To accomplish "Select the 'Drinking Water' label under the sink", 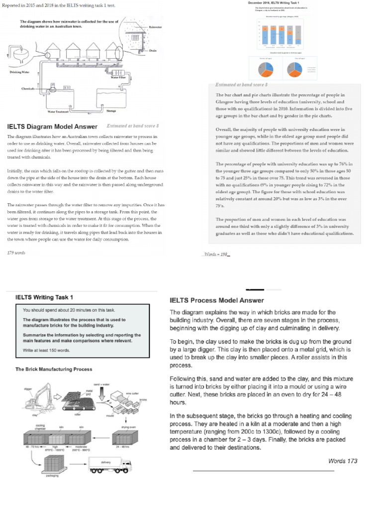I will [x=19, y=72].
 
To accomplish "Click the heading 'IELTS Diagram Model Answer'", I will [x=52, y=127].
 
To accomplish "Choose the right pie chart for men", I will [x=293, y=67].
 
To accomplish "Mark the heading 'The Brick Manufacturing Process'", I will [x=53, y=369].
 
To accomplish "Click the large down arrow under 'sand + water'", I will [x=102, y=393].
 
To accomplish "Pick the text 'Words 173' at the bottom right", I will [x=343, y=461].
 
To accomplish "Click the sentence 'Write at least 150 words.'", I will [x=47, y=350].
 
